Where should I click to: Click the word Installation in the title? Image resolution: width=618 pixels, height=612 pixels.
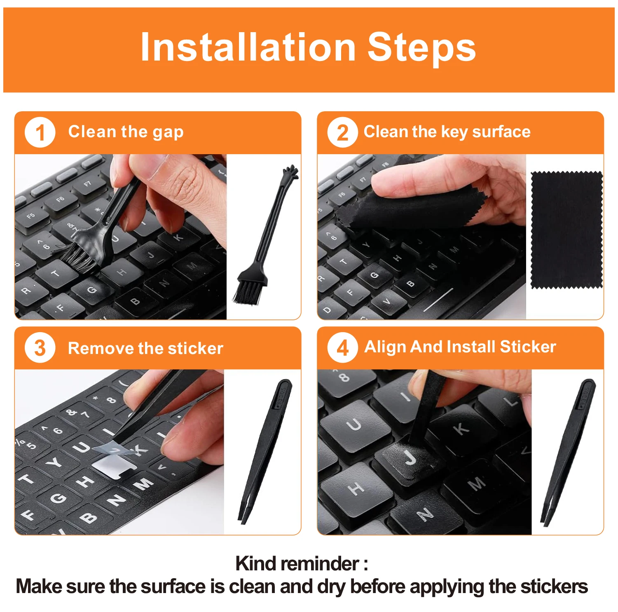[248, 47]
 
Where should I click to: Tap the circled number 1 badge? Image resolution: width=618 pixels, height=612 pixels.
[40, 133]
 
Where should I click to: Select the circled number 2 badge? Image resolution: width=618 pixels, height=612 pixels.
[342, 133]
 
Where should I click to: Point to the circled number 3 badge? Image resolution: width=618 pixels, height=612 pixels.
[40, 348]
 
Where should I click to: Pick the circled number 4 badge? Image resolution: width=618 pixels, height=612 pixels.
[342, 348]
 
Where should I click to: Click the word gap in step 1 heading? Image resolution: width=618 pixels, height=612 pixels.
[168, 133]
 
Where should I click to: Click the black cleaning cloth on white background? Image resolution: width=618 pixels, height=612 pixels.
[567, 230]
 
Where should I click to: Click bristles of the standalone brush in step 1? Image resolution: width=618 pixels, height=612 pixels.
[248, 292]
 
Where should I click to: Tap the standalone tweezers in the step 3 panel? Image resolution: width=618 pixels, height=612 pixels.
[265, 452]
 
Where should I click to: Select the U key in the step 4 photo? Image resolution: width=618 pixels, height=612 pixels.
[355, 424]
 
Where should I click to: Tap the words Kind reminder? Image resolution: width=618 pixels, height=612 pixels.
[301, 563]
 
